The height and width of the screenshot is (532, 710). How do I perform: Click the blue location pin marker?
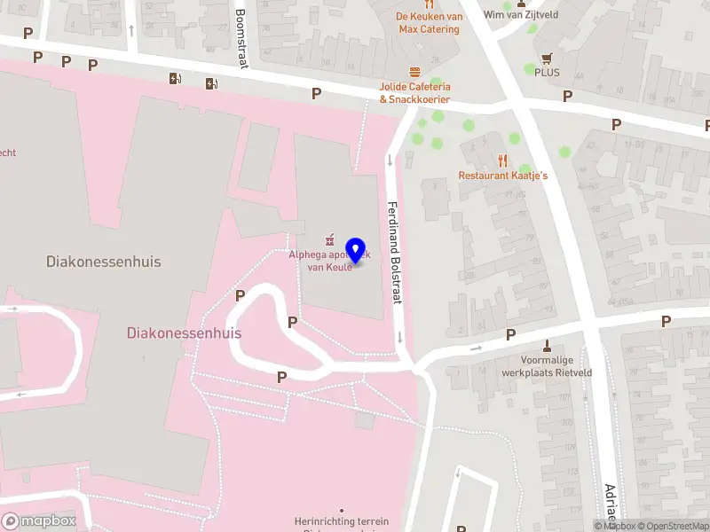pyautogui.click(x=355, y=251)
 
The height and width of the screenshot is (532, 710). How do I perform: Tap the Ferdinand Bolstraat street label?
pyautogui.click(x=395, y=254)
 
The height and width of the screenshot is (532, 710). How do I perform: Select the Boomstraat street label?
pyautogui.click(x=241, y=38)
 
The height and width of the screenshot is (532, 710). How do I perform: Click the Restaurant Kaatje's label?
pyautogui.click(x=502, y=176)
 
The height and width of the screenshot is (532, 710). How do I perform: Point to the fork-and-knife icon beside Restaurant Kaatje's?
pyautogui.click(x=502, y=160)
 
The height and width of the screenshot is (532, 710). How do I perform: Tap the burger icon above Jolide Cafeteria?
pyautogui.click(x=414, y=72)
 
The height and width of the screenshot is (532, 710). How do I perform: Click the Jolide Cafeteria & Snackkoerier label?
pyautogui.click(x=414, y=92)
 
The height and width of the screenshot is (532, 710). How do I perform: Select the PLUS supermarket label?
pyautogui.click(x=547, y=73)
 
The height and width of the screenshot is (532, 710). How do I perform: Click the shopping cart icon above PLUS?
pyautogui.click(x=547, y=58)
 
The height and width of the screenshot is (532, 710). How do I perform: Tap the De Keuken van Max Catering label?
pyautogui.click(x=429, y=23)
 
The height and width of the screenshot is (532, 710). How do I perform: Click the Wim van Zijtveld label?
pyautogui.click(x=520, y=14)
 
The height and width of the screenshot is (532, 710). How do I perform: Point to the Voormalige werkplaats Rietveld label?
pyautogui.click(x=556, y=367)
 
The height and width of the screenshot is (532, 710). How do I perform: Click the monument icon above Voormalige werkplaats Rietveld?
pyautogui.click(x=547, y=346)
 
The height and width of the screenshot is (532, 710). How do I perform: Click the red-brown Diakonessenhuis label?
pyautogui.click(x=185, y=332)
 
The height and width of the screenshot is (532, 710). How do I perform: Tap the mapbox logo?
pyautogui.click(x=38, y=521)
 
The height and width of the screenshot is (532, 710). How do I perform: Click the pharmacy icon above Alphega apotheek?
pyautogui.click(x=329, y=239)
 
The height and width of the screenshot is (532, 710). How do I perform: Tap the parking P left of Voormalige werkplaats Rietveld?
pyautogui.click(x=510, y=334)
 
